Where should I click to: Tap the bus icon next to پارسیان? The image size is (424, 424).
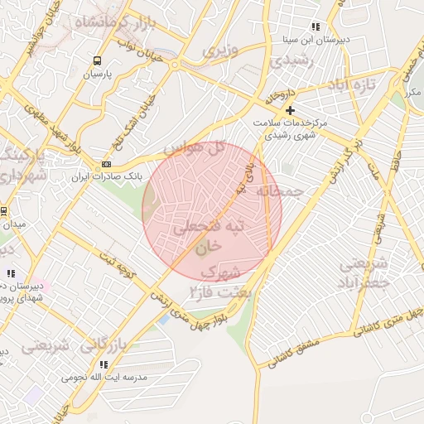[97, 60]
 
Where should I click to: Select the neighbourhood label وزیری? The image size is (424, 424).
[220, 50]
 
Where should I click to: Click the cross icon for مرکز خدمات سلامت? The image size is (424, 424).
[290, 110]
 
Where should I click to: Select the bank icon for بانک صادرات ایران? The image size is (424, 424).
[105, 164]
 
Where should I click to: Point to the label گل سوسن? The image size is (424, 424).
[195, 149]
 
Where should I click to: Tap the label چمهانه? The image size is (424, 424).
[280, 191]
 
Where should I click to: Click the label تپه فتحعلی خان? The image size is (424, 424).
[212, 234]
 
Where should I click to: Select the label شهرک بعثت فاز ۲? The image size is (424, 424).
[217, 281]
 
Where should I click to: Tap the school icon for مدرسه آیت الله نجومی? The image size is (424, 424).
[104, 364]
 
